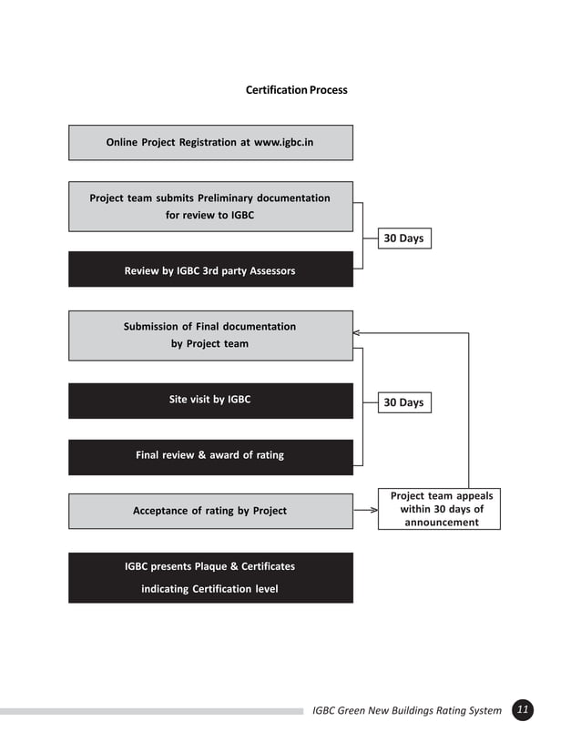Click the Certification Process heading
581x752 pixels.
tap(296, 90)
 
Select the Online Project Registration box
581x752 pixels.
tap(210, 143)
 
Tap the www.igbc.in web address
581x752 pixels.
tap(283, 143)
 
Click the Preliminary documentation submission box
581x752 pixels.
tap(210, 207)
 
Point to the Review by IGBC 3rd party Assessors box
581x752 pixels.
tap(210, 270)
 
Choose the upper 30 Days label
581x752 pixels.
tap(403, 239)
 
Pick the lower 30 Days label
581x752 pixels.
tap(403, 402)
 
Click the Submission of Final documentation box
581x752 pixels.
tap(210, 335)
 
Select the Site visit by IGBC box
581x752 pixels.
tap(210, 400)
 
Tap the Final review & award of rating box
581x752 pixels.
tap(210, 455)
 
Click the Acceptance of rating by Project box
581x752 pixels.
tap(210, 511)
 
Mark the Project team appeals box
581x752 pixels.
tap(442, 509)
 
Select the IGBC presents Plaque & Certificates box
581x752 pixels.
tap(210, 577)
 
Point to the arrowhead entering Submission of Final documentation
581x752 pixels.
tap(358, 333)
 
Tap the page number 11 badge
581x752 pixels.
tap(523, 710)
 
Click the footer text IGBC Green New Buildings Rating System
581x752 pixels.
tap(406, 711)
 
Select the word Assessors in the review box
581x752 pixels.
tap(270, 270)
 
